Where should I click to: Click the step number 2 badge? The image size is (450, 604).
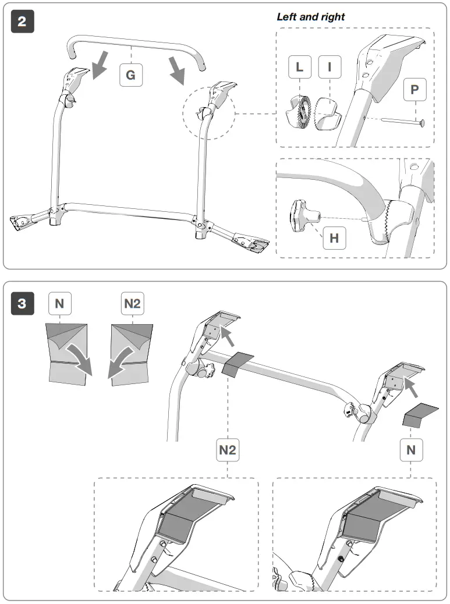(x=22, y=22)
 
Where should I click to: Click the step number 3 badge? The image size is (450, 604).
(x=22, y=303)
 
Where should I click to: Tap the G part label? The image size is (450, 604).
(x=131, y=74)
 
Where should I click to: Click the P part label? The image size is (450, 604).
(x=414, y=90)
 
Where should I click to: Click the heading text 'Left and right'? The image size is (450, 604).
(x=310, y=17)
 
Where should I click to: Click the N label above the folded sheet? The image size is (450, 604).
(x=59, y=303)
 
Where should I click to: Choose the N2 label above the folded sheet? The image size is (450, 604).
(x=133, y=303)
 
